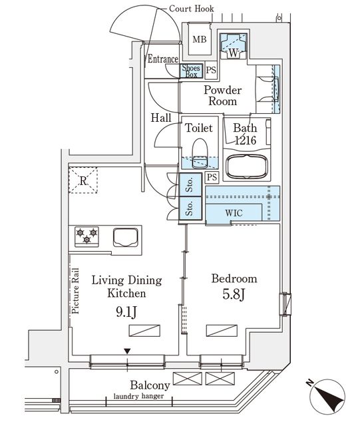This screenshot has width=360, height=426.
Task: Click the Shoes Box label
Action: coord(191,71)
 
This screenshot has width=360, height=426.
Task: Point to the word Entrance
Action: coord(163,59)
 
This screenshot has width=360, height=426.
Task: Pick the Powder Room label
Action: coord(222,96)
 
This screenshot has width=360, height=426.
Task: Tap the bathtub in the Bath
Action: coord(248,167)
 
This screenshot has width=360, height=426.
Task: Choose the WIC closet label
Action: coord(233,213)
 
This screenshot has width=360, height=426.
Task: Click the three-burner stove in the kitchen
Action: coord(87,235)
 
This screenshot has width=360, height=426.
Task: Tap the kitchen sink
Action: coord(126,236)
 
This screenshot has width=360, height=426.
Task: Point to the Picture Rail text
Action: coord(76,290)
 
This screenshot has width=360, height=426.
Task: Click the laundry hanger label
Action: coord(138,398)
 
